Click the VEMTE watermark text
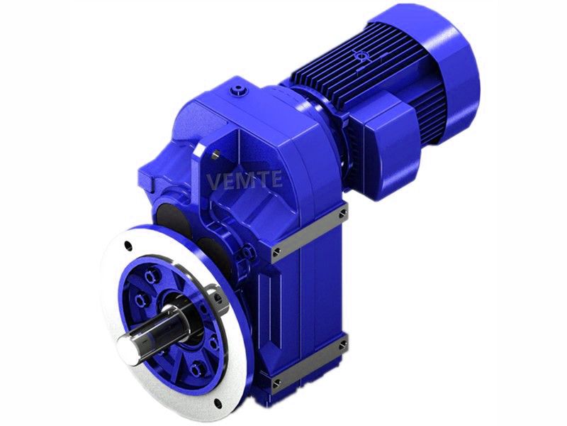[x=245, y=179]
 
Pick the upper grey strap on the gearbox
[x=308, y=233]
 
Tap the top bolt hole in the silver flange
[x=128, y=245]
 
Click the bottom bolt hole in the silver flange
[x=218, y=403]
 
